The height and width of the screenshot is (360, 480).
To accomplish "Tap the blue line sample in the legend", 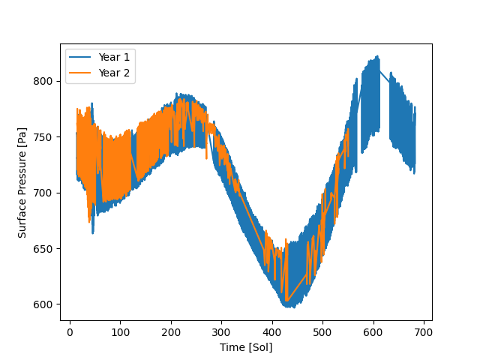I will click(80, 57).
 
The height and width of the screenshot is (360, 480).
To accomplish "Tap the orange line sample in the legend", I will click(80, 72).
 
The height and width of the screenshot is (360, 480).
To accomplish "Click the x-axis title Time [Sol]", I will click(246, 347).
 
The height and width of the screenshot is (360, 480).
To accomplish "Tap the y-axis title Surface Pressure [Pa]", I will click(22, 181).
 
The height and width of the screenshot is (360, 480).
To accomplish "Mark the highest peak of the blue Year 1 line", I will click(378, 55).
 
